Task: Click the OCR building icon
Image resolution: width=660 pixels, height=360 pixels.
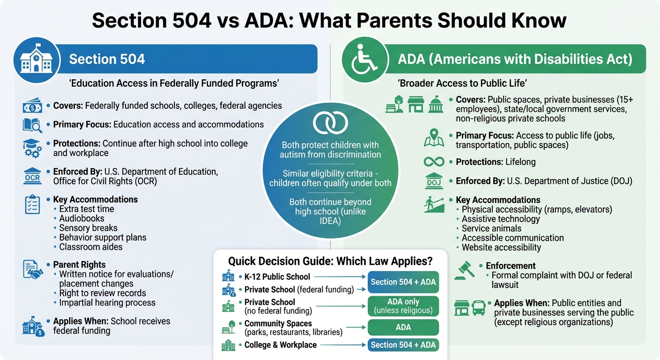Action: (32, 177)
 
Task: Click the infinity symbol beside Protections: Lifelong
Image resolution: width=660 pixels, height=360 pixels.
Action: (434, 162)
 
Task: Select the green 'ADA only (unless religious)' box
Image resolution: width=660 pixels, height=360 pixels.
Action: (403, 307)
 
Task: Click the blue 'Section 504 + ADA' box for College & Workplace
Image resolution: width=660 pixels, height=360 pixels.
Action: (403, 345)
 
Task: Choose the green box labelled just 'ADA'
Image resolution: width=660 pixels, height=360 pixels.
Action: (403, 327)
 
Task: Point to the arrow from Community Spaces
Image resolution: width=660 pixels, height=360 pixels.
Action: (355, 328)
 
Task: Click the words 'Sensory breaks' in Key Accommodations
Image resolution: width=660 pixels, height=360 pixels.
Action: (88, 228)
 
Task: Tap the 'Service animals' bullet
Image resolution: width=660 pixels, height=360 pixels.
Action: (491, 228)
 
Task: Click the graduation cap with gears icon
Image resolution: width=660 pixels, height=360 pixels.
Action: (32, 148)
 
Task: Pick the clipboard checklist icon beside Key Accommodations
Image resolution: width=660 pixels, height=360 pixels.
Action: (32, 205)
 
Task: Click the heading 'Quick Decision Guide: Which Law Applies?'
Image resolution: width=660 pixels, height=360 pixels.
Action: (330, 261)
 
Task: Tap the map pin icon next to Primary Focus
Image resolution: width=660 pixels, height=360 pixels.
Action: (434, 139)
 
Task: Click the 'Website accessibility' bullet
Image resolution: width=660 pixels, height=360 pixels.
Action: (501, 247)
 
